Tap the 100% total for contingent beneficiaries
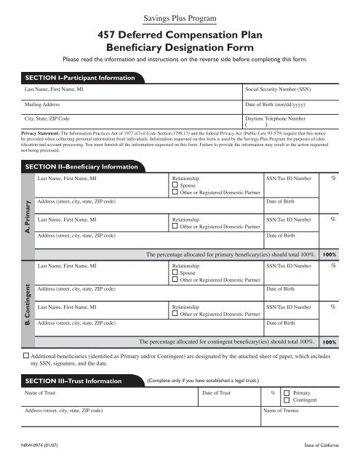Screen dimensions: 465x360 coord(329,341)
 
